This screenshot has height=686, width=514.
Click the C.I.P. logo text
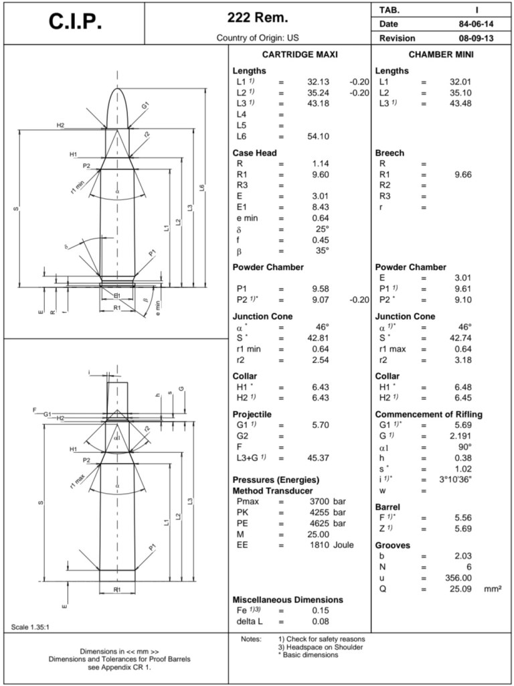coord(75,21)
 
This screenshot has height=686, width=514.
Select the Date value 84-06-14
coord(472,24)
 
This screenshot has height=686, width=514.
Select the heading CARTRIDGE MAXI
coord(299,54)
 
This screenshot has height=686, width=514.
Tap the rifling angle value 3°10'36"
coord(455,480)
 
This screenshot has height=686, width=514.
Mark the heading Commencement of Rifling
coord(428,414)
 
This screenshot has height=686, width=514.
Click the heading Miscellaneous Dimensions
coord(287,600)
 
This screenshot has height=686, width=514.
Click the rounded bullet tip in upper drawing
coord(118,92)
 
